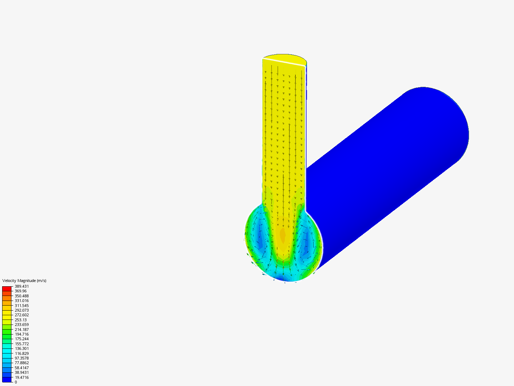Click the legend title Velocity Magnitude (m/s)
[24, 281]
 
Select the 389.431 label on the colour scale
[22, 286]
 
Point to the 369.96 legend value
[21, 291]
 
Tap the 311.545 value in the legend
[22, 306]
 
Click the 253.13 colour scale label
[21, 320]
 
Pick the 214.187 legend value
[22, 330]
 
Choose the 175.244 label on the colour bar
[22, 339]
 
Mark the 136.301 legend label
[22, 348]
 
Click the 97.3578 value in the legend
[22, 358]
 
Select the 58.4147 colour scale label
[22, 368]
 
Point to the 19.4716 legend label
[22, 377]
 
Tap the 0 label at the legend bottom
[16, 382]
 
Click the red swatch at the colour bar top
[7, 288]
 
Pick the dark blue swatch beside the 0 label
[7, 380]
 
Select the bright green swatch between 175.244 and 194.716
[7, 336]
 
